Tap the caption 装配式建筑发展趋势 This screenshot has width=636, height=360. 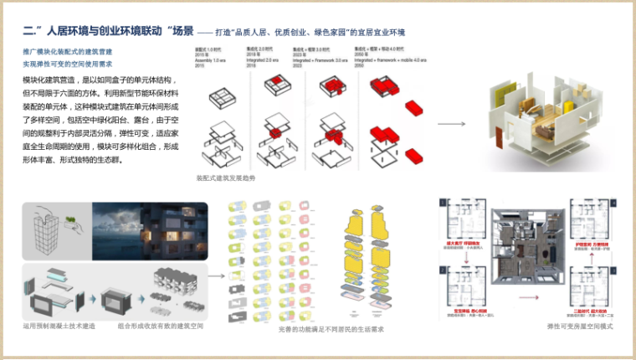click(226, 178)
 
